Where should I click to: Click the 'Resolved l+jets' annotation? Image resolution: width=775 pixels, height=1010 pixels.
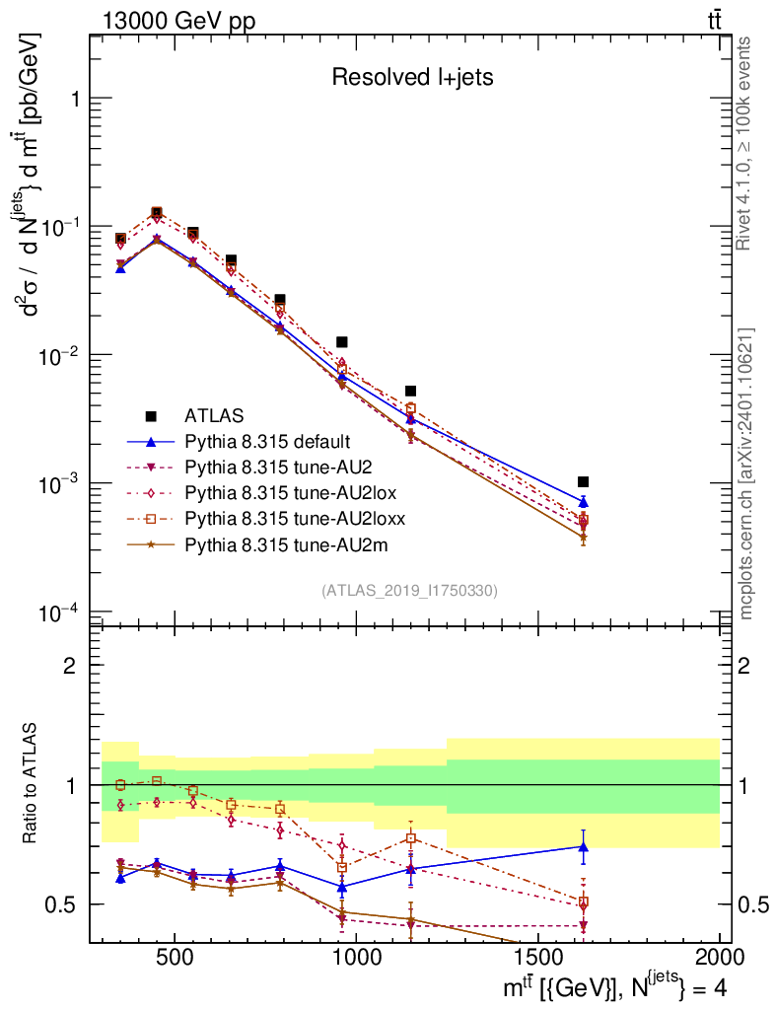412,78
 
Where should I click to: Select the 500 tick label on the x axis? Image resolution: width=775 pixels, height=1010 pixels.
175,958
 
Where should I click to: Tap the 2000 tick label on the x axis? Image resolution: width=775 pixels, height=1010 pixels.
719,958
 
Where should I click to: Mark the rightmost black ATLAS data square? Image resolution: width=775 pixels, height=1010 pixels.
584,481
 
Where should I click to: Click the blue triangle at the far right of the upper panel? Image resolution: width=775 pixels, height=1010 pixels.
584,502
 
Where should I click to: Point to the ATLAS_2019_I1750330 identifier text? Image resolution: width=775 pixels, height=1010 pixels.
409,591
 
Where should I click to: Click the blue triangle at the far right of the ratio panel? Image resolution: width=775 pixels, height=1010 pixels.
584,845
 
